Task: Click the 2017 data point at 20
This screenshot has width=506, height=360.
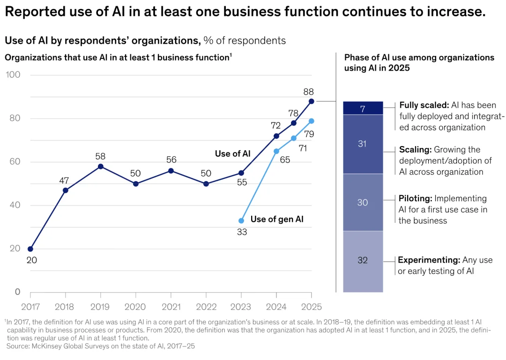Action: coord(30,249)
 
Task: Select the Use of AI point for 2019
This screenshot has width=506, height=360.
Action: coord(101,167)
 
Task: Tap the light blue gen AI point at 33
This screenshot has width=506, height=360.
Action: coord(241,220)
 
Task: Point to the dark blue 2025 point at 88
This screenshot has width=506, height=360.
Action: coord(312,101)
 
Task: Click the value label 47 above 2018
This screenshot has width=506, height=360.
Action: coord(64,181)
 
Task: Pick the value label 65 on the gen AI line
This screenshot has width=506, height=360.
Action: coord(285,160)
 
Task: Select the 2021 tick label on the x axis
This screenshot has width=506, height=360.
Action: coord(171,307)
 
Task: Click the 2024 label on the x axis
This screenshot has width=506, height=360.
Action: coord(276,307)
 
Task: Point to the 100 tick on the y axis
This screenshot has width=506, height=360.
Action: coord(13,75)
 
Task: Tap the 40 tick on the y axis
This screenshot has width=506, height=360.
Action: coord(15,205)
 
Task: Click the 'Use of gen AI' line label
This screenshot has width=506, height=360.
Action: coord(277,220)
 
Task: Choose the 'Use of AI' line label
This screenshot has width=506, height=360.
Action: coord(233,154)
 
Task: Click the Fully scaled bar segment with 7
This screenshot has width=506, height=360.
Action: coord(363,108)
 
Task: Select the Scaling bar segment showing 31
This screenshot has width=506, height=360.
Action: coord(363,144)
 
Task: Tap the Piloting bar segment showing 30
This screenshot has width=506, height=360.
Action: coord(363,203)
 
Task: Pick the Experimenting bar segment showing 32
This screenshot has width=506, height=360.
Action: coord(363,262)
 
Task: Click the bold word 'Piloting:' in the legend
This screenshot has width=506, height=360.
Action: coord(415,198)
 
